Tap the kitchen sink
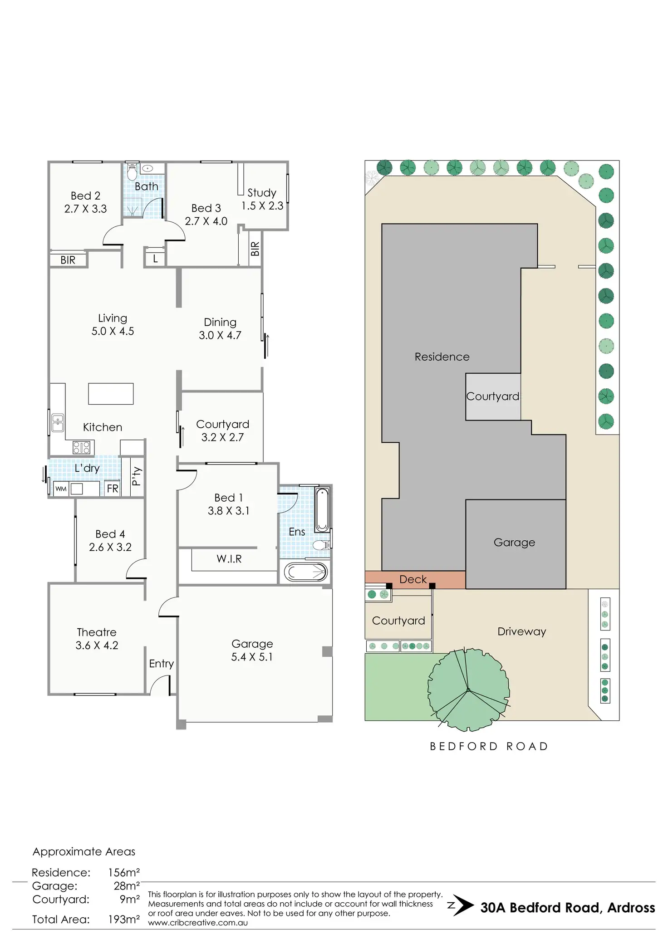tap(58, 423)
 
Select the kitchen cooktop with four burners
tap(82, 448)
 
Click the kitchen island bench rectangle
tap(111, 394)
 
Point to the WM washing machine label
tap(61, 489)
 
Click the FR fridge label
tap(113, 489)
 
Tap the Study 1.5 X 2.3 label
tap(262, 199)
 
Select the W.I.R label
tap(229, 559)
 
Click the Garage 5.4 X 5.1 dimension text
tap(252, 657)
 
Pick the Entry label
tap(161, 664)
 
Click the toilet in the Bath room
tap(132, 172)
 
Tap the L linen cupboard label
tap(155, 259)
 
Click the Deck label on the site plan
tap(413, 579)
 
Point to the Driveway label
tap(521, 631)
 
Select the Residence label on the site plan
tap(442, 357)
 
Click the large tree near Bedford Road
tap(468, 690)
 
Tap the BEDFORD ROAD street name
tap(489, 746)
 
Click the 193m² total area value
tap(124, 920)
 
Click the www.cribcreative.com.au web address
tap(198, 923)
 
